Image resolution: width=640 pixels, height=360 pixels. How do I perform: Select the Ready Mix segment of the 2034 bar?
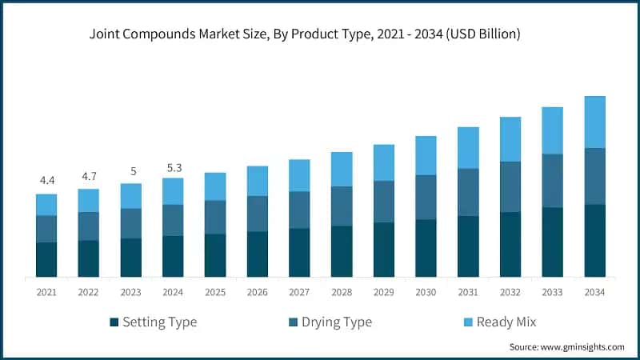pyautogui.click(x=594, y=122)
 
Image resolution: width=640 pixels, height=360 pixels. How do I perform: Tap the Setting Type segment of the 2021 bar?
pyautogui.click(x=46, y=259)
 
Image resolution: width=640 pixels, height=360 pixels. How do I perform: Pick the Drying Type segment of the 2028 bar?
pyautogui.click(x=342, y=206)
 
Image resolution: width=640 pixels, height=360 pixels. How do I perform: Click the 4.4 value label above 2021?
pyautogui.click(x=46, y=180)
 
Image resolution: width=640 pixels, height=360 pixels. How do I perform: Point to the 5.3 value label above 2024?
pyautogui.click(x=173, y=167)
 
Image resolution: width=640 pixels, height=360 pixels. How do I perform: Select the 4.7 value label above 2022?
pyautogui.click(x=89, y=175)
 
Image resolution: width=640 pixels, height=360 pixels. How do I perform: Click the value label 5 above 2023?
pyautogui.click(x=130, y=170)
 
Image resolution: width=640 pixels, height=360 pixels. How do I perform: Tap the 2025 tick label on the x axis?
pyautogui.click(x=215, y=294)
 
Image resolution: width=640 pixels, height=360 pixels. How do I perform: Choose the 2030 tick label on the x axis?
pyautogui.click(x=426, y=294)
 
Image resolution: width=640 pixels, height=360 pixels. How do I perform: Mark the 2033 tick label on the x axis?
pyautogui.click(x=552, y=294)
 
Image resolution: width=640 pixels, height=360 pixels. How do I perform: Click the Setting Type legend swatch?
pyautogui.click(x=114, y=323)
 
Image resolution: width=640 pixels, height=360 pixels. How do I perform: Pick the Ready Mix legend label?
pyautogui.click(x=506, y=322)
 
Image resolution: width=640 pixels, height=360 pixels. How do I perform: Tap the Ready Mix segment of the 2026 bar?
pyautogui.click(x=257, y=181)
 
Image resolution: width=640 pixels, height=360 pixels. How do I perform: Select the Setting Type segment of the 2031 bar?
pyautogui.click(x=468, y=246)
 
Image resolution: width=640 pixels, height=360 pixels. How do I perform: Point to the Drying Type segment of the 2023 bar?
pyautogui.click(x=130, y=223)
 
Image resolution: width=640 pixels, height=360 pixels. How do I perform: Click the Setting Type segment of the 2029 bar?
pyautogui.click(x=384, y=250)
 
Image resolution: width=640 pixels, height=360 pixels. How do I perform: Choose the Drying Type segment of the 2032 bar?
pyautogui.click(x=510, y=186)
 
